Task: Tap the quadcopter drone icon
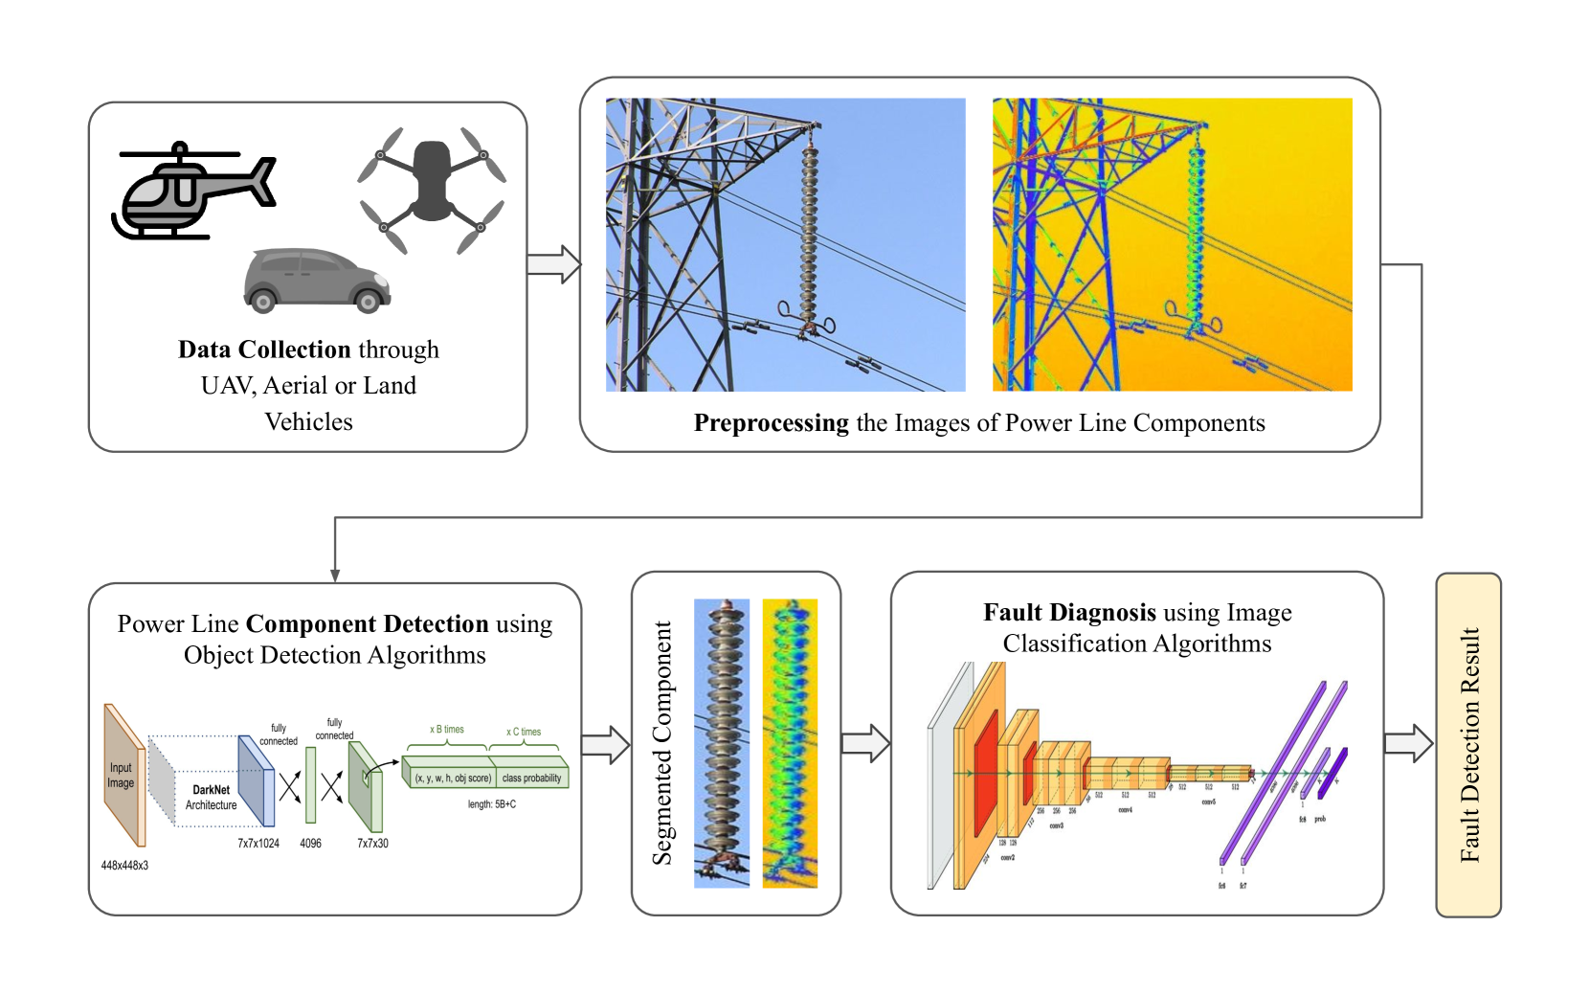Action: click(x=432, y=189)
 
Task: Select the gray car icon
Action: click(x=317, y=281)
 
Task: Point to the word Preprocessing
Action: click(x=771, y=423)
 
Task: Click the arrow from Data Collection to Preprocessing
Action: click(x=553, y=264)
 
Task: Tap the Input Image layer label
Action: click(x=121, y=776)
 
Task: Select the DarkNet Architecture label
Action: click(x=211, y=798)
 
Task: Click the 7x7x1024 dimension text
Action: click(x=258, y=844)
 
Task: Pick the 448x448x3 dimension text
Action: click(x=124, y=866)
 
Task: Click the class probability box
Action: click(x=532, y=778)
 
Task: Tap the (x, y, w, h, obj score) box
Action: click(x=452, y=778)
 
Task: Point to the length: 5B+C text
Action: click(x=491, y=804)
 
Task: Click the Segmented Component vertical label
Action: click(x=662, y=743)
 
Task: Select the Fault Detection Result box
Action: click(x=1468, y=744)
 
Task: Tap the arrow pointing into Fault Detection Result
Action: click(x=1409, y=743)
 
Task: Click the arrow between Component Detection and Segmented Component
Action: click(x=605, y=745)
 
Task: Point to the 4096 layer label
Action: click(x=310, y=844)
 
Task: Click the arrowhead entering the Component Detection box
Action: click(x=335, y=575)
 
